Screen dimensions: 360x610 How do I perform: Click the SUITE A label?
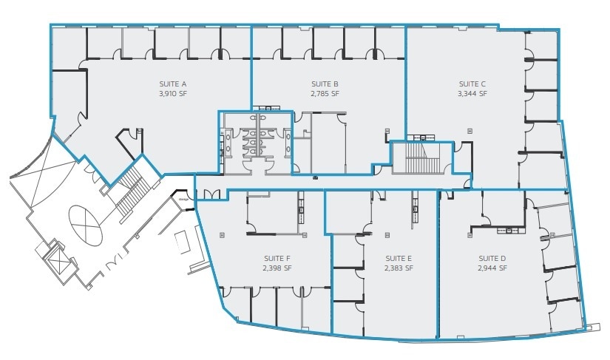173,84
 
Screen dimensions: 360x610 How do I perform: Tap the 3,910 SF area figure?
173,94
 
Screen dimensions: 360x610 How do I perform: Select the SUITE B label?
325,84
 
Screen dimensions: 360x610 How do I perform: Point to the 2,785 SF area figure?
325,94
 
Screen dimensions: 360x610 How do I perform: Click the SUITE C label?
472,84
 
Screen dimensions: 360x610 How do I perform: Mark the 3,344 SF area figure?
472,94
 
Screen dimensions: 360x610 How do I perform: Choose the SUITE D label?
492,258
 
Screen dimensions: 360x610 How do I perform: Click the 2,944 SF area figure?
492,268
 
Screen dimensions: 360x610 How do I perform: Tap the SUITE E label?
399,258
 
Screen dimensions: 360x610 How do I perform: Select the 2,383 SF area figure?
399,268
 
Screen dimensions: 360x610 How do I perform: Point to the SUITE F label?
277,258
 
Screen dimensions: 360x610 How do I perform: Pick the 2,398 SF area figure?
277,268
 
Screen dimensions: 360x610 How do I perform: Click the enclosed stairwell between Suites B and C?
420,157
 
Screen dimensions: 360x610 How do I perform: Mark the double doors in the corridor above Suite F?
211,194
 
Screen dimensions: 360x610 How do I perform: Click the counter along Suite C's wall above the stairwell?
424,137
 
